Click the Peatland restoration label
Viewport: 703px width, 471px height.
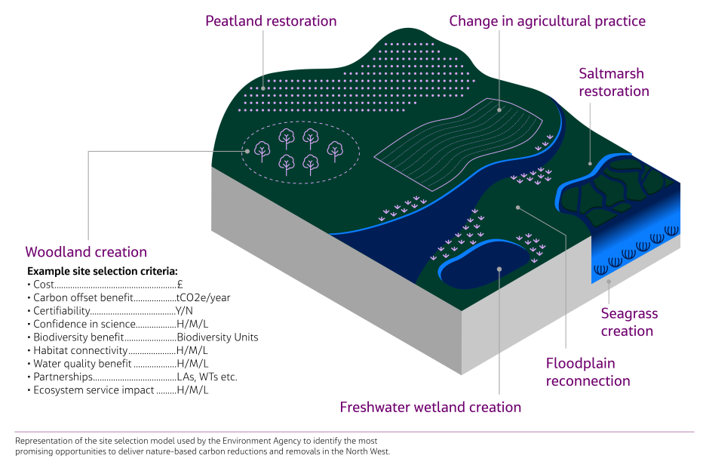271,21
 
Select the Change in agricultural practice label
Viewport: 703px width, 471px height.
547,21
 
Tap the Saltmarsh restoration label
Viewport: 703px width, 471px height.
613,82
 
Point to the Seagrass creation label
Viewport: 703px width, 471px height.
628,322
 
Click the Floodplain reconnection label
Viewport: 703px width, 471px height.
588,372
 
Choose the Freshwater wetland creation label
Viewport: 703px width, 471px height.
430,408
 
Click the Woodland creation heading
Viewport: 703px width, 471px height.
86,252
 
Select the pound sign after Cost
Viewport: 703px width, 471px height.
180,284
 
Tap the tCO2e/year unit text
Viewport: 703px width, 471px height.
203,297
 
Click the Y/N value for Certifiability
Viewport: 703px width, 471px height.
184,311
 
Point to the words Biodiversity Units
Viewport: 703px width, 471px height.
217,337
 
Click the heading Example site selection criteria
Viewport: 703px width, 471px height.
102,270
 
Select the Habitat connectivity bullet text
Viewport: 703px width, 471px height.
81,350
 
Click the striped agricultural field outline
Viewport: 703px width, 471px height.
460,143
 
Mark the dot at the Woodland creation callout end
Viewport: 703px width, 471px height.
247,151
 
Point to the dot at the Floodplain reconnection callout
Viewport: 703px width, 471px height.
517,205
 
